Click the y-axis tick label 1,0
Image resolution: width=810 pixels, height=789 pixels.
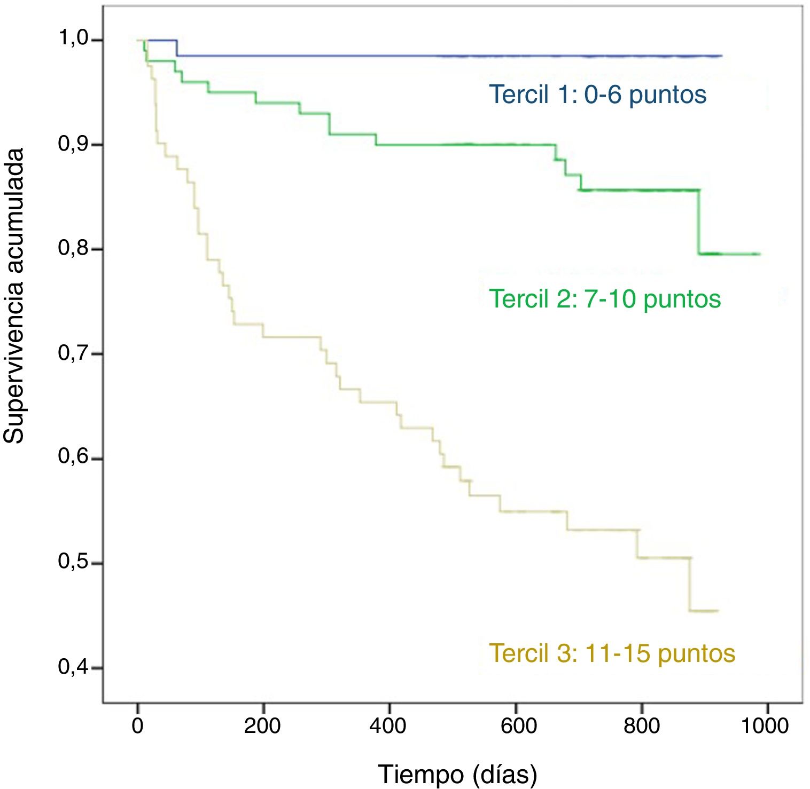coord(73,39)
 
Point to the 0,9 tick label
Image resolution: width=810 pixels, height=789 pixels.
coord(73,144)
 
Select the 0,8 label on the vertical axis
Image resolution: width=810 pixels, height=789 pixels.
coord(73,249)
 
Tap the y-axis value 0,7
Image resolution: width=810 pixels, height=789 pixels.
coord(73,353)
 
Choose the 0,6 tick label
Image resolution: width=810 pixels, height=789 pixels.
coord(73,458)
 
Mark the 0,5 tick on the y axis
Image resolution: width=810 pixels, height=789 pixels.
coord(73,563)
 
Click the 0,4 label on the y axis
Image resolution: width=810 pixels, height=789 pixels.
coord(73,667)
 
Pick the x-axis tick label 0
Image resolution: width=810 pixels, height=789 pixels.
coord(138,725)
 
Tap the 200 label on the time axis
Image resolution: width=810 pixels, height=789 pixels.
coord(262,725)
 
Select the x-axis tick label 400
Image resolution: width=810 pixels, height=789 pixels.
coord(388,725)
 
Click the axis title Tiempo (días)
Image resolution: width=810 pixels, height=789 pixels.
coord(457,774)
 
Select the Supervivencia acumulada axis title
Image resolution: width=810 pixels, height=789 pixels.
coord(14,296)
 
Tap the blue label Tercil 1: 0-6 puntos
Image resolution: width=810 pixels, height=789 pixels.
coord(598,95)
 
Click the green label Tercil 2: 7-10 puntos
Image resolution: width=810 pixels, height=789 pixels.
coord(605,299)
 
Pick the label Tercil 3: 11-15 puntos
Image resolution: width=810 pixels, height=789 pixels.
coord(612,653)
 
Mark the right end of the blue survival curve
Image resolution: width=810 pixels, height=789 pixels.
coord(721,56)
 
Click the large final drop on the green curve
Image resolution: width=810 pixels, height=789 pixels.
coord(699,222)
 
